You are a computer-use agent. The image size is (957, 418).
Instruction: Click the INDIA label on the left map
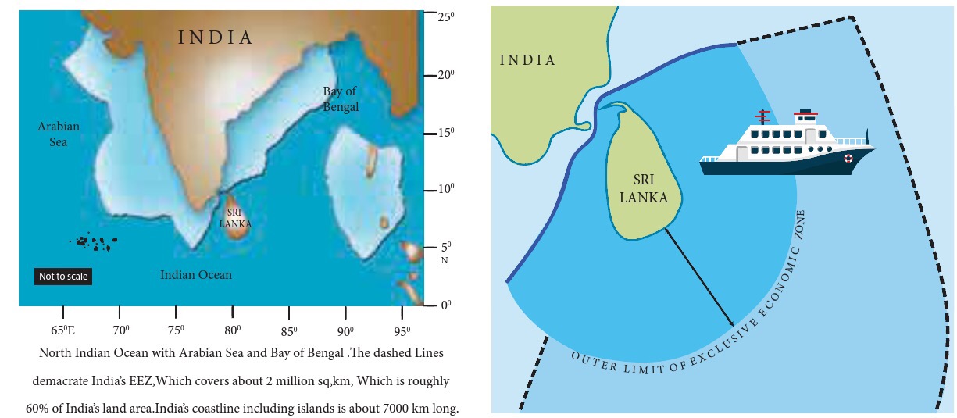click(x=216, y=38)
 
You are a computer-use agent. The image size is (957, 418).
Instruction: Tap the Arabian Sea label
click(x=59, y=134)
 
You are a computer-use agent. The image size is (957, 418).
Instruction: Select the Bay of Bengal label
click(x=341, y=99)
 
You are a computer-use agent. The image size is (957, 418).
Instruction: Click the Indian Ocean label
click(x=195, y=275)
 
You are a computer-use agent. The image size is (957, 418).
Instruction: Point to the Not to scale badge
click(x=63, y=277)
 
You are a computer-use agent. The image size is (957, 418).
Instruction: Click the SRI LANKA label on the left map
click(x=234, y=218)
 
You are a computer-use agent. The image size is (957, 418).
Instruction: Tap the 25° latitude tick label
click(x=446, y=16)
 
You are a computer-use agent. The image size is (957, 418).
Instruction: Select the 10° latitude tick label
click(x=446, y=190)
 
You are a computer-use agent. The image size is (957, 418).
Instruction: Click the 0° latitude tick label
click(x=446, y=305)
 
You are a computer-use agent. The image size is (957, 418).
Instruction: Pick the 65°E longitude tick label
click(x=63, y=330)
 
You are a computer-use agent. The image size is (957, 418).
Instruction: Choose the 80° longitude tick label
click(x=233, y=330)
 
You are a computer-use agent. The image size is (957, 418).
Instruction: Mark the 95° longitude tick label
click(x=402, y=330)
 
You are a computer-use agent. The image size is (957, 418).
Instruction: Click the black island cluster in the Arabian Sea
click(x=95, y=243)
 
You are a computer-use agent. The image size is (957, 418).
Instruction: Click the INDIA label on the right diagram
click(x=528, y=60)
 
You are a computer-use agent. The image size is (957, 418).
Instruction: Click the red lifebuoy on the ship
click(x=848, y=158)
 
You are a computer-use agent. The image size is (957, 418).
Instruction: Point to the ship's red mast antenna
click(x=762, y=117)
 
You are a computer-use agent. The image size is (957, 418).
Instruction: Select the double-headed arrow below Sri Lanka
click(x=698, y=277)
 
